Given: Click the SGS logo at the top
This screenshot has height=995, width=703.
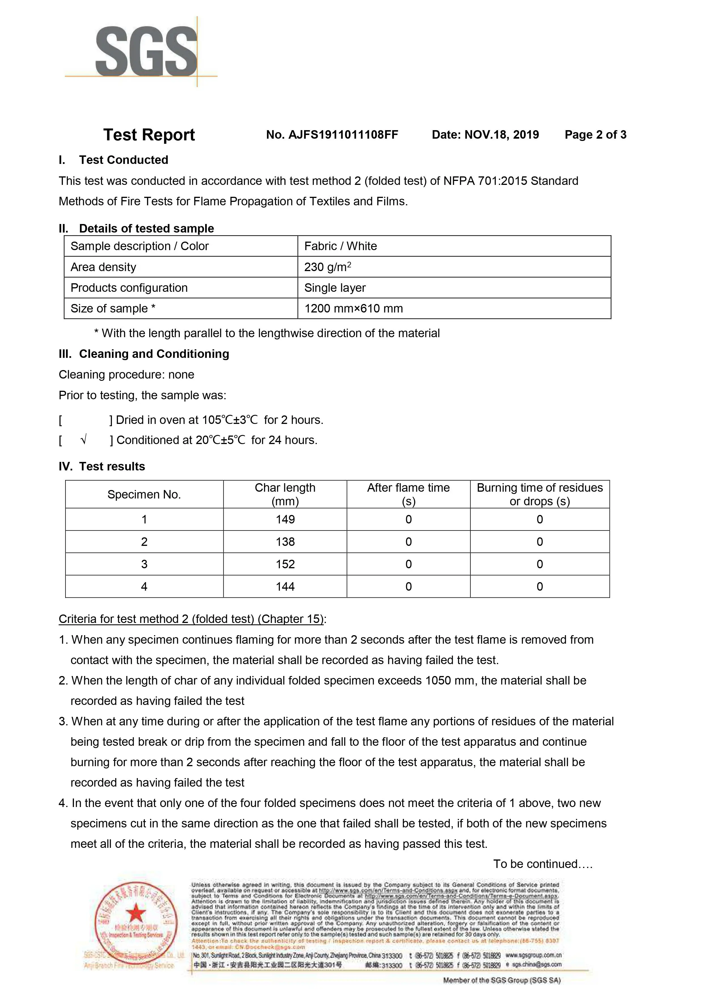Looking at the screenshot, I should (x=146, y=51).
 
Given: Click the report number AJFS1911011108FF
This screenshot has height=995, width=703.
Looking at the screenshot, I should (x=332, y=135).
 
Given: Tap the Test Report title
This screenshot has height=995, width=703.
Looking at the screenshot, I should (x=149, y=135).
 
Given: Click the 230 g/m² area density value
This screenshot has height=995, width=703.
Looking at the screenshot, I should (x=328, y=267).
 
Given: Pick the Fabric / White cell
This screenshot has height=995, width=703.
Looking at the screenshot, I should (x=341, y=246).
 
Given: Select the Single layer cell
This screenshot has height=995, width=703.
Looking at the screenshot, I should (x=335, y=288).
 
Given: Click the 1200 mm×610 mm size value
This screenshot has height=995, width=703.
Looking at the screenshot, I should (x=353, y=309).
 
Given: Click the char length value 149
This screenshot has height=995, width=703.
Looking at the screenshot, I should (x=285, y=519).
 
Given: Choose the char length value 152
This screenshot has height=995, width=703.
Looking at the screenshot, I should (x=285, y=564).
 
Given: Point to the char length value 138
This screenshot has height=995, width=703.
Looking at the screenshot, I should (x=285, y=542).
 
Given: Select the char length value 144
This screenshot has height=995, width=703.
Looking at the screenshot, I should (x=285, y=587).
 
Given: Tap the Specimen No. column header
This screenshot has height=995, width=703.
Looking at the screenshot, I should (x=144, y=495).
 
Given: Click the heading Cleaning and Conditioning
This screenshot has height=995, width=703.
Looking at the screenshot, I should (x=154, y=354).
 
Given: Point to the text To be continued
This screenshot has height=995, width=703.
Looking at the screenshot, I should (x=542, y=864).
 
